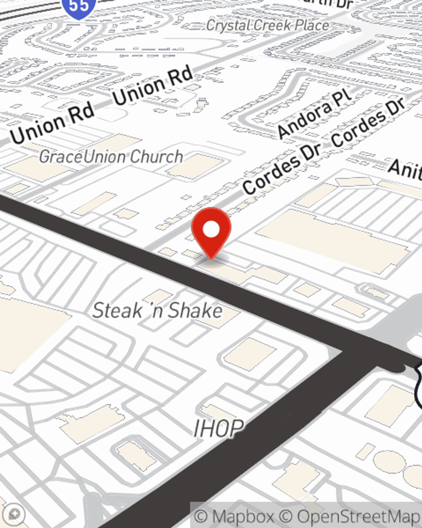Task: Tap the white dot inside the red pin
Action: [x=211, y=229]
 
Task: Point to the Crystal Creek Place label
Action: [x=268, y=25]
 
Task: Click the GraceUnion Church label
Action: [x=111, y=157]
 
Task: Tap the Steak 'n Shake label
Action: [x=157, y=311]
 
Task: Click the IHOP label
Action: [x=219, y=428]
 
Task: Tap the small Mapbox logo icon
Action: [x=14, y=514]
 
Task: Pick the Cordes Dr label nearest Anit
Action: [x=369, y=122]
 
